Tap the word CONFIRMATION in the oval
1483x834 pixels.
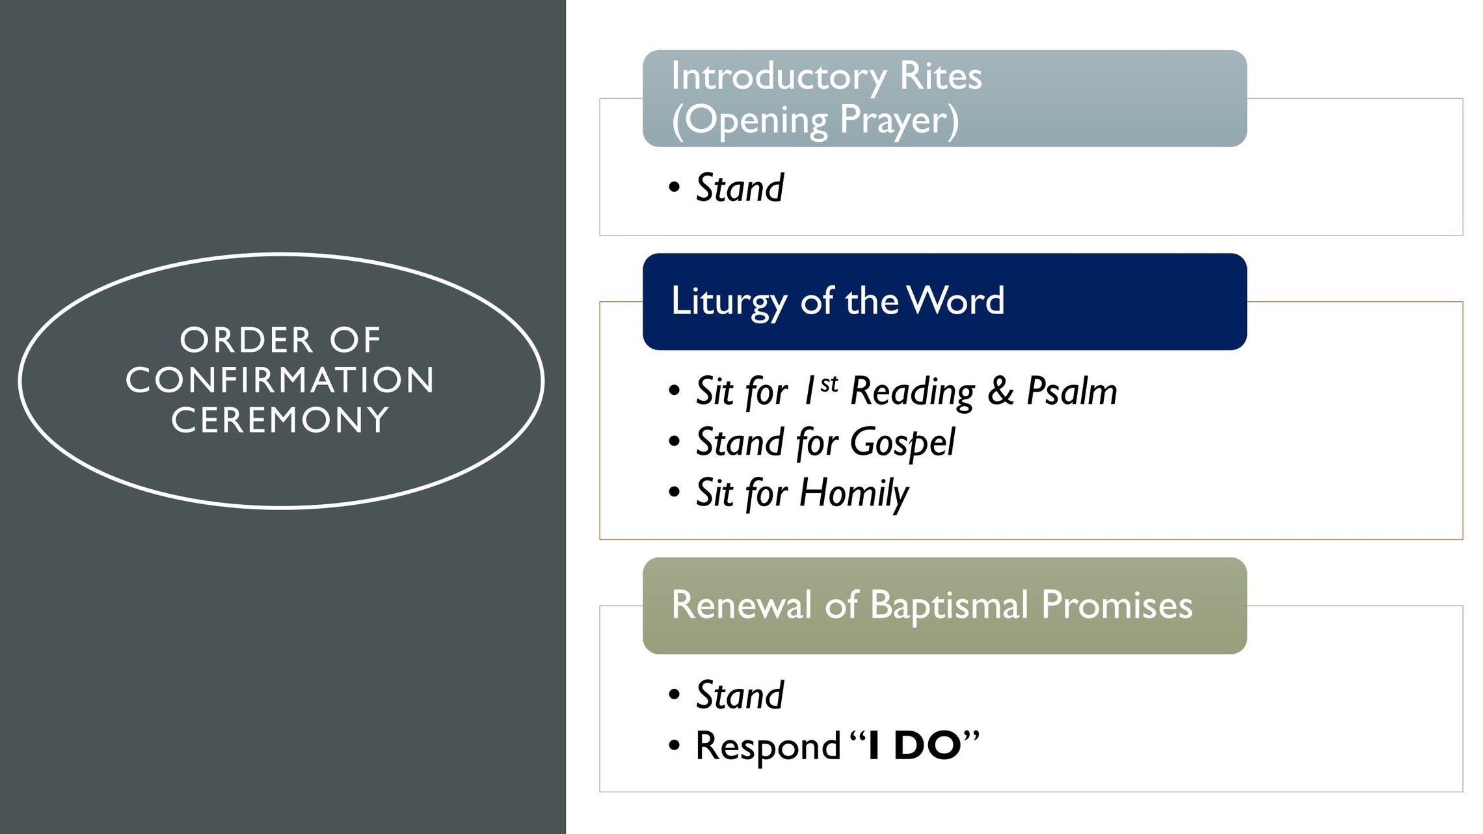[x=280, y=380]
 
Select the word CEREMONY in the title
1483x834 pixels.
[x=280, y=420]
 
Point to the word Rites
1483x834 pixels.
[x=941, y=76]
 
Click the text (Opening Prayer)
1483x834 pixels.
[x=815, y=120]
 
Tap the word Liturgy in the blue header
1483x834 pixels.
[x=728, y=302]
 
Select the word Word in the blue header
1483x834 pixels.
[x=955, y=301]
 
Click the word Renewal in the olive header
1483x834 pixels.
[x=741, y=604]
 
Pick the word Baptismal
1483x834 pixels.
[x=949, y=606]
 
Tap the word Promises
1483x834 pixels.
[x=1117, y=604]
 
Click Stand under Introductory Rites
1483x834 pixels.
[x=740, y=188]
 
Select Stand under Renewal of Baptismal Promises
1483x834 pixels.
[x=740, y=695]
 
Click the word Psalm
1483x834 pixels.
[x=1071, y=391]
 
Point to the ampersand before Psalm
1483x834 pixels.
[x=1000, y=391]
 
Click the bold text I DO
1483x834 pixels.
[x=915, y=746]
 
